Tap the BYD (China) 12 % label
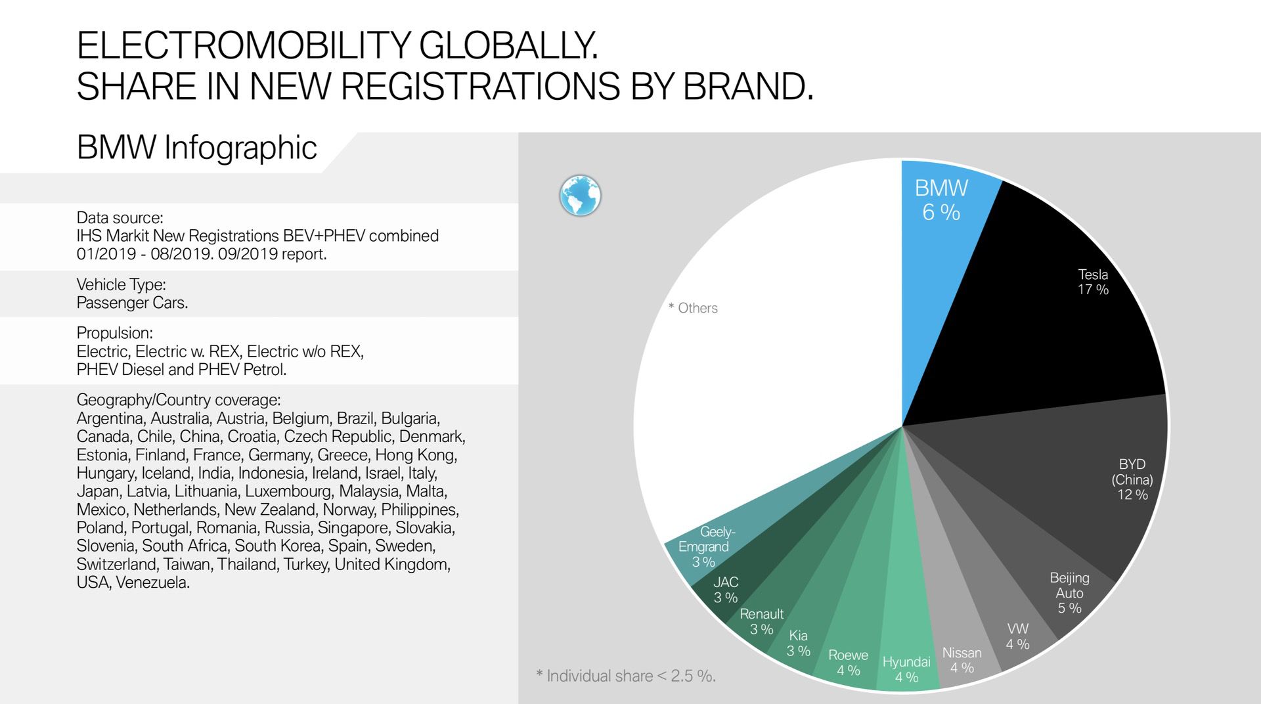pos(1132,479)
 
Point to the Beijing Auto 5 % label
pos(1069,593)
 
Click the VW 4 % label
pos(1017,636)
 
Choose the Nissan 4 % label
pos(962,660)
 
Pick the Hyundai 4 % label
pos(906,669)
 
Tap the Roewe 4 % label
pos(848,663)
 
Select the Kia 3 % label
pos(798,643)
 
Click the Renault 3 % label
pos(761,621)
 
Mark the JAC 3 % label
pos(726,590)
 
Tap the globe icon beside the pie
pos(580,196)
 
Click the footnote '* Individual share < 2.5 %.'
pos(625,676)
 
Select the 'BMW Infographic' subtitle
pos(196,147)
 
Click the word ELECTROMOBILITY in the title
pos(242,46)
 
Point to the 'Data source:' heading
pos(120,217)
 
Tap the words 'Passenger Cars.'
pos(132,303)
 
